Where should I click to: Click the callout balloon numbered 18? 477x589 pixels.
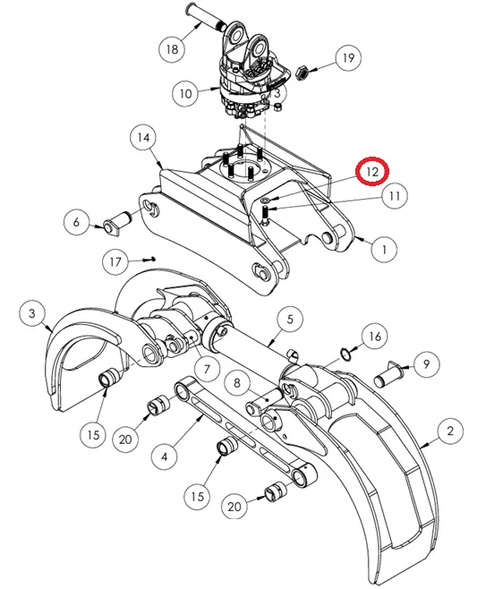point(172,49)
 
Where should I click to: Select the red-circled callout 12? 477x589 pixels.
point(372,172)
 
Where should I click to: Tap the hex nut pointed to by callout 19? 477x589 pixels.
point(302,73)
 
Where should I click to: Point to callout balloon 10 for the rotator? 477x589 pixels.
point(185,93)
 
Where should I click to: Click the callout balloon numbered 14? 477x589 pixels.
point(143,138)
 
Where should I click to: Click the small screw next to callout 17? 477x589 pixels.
point(149,260)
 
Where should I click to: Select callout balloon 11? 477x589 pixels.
point(395,196)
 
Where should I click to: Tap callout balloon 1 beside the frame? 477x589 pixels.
point(384,249)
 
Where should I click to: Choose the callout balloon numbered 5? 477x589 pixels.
point(290,320)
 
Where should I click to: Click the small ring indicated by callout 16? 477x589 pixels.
point(345,354)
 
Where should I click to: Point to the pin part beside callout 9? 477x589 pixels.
point(388,374)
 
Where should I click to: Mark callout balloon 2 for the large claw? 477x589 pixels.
point(450,431)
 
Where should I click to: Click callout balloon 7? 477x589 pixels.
point(207,370)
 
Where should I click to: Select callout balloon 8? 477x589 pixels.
point(237,383)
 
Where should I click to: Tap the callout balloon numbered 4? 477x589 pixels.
point(165,457)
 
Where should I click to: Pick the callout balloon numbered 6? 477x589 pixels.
point(77,222)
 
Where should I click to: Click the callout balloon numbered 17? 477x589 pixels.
point(115,261)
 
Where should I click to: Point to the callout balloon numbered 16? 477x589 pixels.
point(375,337)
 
